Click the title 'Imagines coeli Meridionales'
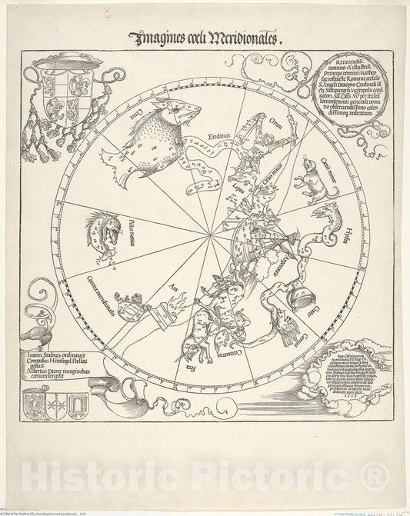[x=210, y=36]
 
